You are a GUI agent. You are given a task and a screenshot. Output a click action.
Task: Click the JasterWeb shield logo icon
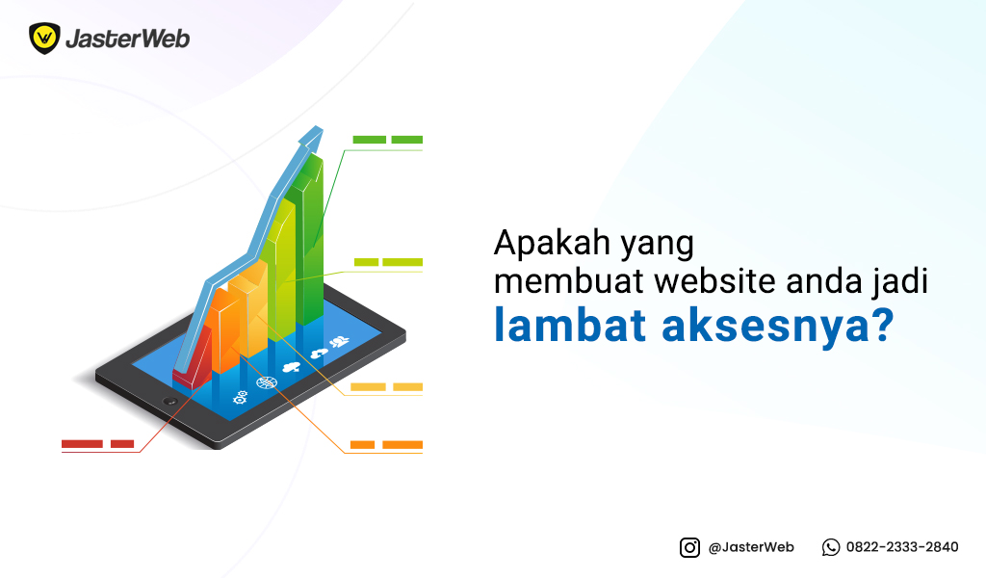click(44, 39)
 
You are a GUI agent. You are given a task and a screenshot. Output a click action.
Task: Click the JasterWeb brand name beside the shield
click(128, 39)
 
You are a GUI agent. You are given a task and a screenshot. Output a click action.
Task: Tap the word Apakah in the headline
click(552, 243)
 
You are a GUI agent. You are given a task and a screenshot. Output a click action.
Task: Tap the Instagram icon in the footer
click(689, 548)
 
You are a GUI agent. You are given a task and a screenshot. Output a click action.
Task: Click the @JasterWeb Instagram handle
click(751, 547)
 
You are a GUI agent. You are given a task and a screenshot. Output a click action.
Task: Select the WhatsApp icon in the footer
click(831, 548)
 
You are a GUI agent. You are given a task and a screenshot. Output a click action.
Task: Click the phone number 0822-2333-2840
click(902, 547)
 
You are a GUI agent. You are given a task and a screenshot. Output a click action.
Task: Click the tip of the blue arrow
click(321, 128)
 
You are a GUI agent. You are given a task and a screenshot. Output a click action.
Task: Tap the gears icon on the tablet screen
click(240, 398)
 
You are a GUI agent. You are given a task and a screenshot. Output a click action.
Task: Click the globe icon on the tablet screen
click(267, 381)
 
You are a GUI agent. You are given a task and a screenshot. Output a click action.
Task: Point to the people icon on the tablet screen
click(340, 342)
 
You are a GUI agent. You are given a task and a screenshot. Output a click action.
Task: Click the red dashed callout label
click(97, 444)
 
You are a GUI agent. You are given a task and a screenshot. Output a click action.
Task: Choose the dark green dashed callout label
click(387, 140)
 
